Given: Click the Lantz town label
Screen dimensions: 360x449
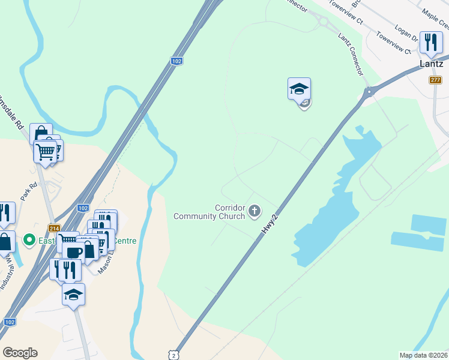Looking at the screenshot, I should (x=432, y=64).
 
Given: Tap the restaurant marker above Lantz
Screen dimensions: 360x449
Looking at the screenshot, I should (x=430, y=43).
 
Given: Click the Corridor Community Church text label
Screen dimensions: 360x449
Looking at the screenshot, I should (x=209, y=212).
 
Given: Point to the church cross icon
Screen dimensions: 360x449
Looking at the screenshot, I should (x=255, y=211).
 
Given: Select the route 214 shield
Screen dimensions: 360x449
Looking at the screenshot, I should (x=55, y=229).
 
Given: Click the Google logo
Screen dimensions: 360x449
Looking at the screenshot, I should (x=20, y=353).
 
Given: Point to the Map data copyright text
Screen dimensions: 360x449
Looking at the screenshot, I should (x=424, y=355).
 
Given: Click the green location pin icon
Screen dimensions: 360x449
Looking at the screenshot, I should (x=28, y=241).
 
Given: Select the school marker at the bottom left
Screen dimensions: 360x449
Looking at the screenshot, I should (x=73, y=295).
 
